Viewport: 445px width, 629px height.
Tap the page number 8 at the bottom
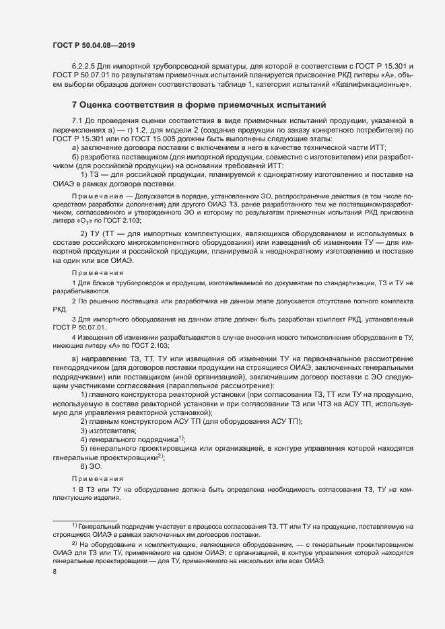pyautogui.click(x=55, y=572)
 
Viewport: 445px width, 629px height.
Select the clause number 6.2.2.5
pyautogui.click(x=84, y=76)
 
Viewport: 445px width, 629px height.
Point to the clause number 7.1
pyautogui.click(x=78, y=120)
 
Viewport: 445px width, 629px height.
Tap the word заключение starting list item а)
pyautogui.click(x=101, y=147)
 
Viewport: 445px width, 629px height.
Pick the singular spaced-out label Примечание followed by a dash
pyautogui.click(x=94, y=193)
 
